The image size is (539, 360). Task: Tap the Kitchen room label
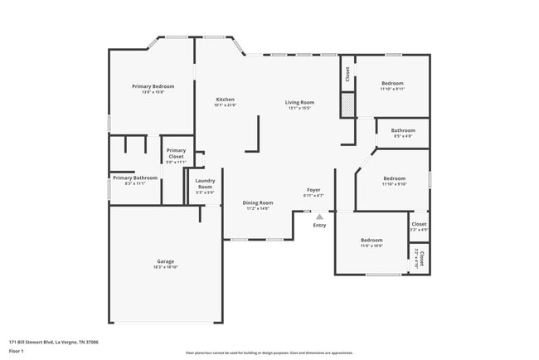point(226,100)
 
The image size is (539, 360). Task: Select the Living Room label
point(299,102)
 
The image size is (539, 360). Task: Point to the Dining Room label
point(258,202)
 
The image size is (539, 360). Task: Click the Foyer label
point(313,190)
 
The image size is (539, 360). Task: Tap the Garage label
point(165,261)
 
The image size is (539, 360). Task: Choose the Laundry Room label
point(205,183)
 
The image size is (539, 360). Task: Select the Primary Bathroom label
point(135,178)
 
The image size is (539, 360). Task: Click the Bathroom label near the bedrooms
point(403,130)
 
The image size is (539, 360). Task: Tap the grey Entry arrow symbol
point(319,216)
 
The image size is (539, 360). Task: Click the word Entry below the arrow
point(319,226)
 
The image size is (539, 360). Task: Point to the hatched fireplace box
point(348,105)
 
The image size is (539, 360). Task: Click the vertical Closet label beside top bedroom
point(347,73)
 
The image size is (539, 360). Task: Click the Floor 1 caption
point(17,351)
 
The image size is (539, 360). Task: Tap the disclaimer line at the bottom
point(269,353)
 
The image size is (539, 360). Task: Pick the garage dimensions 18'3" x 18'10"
point(165,268)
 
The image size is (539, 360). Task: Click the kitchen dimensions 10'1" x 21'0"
point(226,106)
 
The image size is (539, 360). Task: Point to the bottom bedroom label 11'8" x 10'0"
point(371,246)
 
